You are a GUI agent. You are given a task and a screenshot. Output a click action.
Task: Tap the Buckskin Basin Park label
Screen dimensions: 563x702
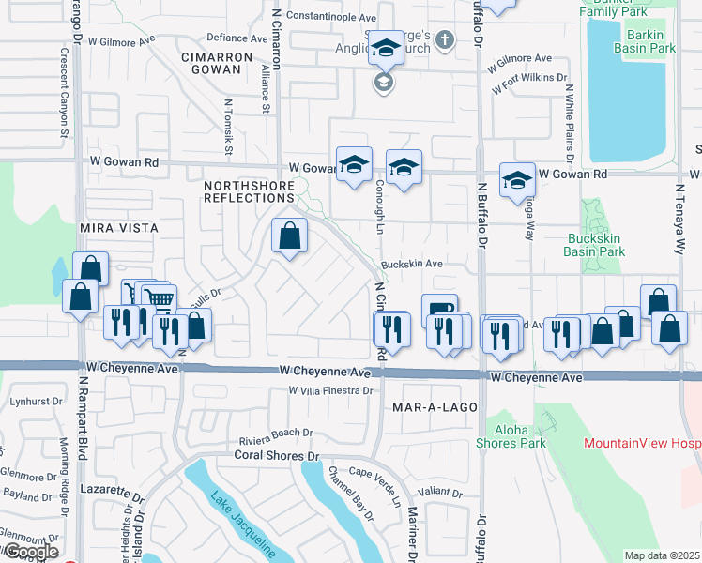(596, 245)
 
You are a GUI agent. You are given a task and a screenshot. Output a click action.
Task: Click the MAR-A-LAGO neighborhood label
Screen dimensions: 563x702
(435, 408)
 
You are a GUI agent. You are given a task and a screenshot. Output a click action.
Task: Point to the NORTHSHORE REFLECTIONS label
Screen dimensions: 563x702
(249, 191)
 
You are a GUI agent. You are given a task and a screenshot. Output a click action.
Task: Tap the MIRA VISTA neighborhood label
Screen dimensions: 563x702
(119, 228)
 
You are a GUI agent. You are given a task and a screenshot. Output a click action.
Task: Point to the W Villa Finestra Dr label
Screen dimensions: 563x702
(329, 390)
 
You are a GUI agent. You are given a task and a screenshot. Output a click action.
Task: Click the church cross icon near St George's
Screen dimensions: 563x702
(446, 41)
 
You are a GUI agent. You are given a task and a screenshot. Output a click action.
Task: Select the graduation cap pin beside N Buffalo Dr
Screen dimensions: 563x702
(517, 179)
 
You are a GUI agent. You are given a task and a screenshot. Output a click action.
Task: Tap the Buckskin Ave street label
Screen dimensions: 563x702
(411, 265)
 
